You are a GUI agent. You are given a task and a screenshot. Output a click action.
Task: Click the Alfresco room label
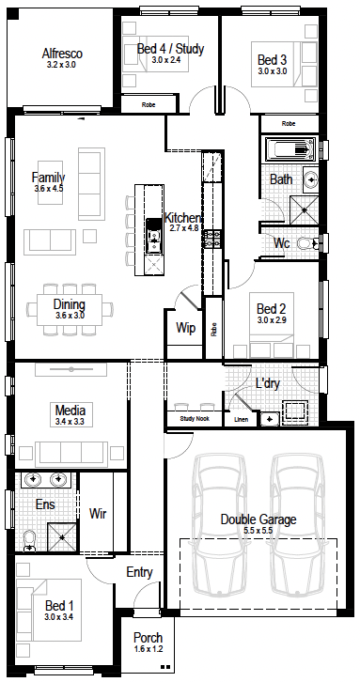coord(62,54)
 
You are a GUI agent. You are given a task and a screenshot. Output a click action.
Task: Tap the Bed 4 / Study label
coord(170,49)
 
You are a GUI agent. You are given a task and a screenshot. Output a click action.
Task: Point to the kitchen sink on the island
coord(153,235)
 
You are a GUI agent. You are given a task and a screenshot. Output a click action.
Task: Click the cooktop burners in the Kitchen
coord(211,239)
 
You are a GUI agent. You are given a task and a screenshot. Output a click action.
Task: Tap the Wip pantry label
coord(185,328)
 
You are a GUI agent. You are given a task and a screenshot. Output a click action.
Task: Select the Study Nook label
coord(195,419)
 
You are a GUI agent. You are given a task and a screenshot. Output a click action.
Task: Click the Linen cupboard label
coord(241,420)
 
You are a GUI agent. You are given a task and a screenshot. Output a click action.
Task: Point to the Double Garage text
coord(258,519)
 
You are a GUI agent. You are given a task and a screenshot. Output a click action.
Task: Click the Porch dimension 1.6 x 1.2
coord(148,648)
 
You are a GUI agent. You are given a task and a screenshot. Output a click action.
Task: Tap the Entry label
coord(139,572)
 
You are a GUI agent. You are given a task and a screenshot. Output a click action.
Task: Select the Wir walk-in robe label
coord(98,514)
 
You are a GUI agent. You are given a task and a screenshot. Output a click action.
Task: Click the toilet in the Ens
coord(29,542)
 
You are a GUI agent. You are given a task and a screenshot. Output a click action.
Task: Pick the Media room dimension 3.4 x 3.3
coord(70,421)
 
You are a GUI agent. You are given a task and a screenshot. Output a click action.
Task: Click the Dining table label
coord(70,304)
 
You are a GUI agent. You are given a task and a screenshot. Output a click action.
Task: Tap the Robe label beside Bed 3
coord(289,123)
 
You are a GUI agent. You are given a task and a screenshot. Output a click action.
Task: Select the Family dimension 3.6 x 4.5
coord(48,189)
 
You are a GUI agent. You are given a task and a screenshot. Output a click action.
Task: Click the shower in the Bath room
coord(305,210)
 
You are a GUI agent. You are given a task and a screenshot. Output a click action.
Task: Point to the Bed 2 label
coord(271,309)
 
